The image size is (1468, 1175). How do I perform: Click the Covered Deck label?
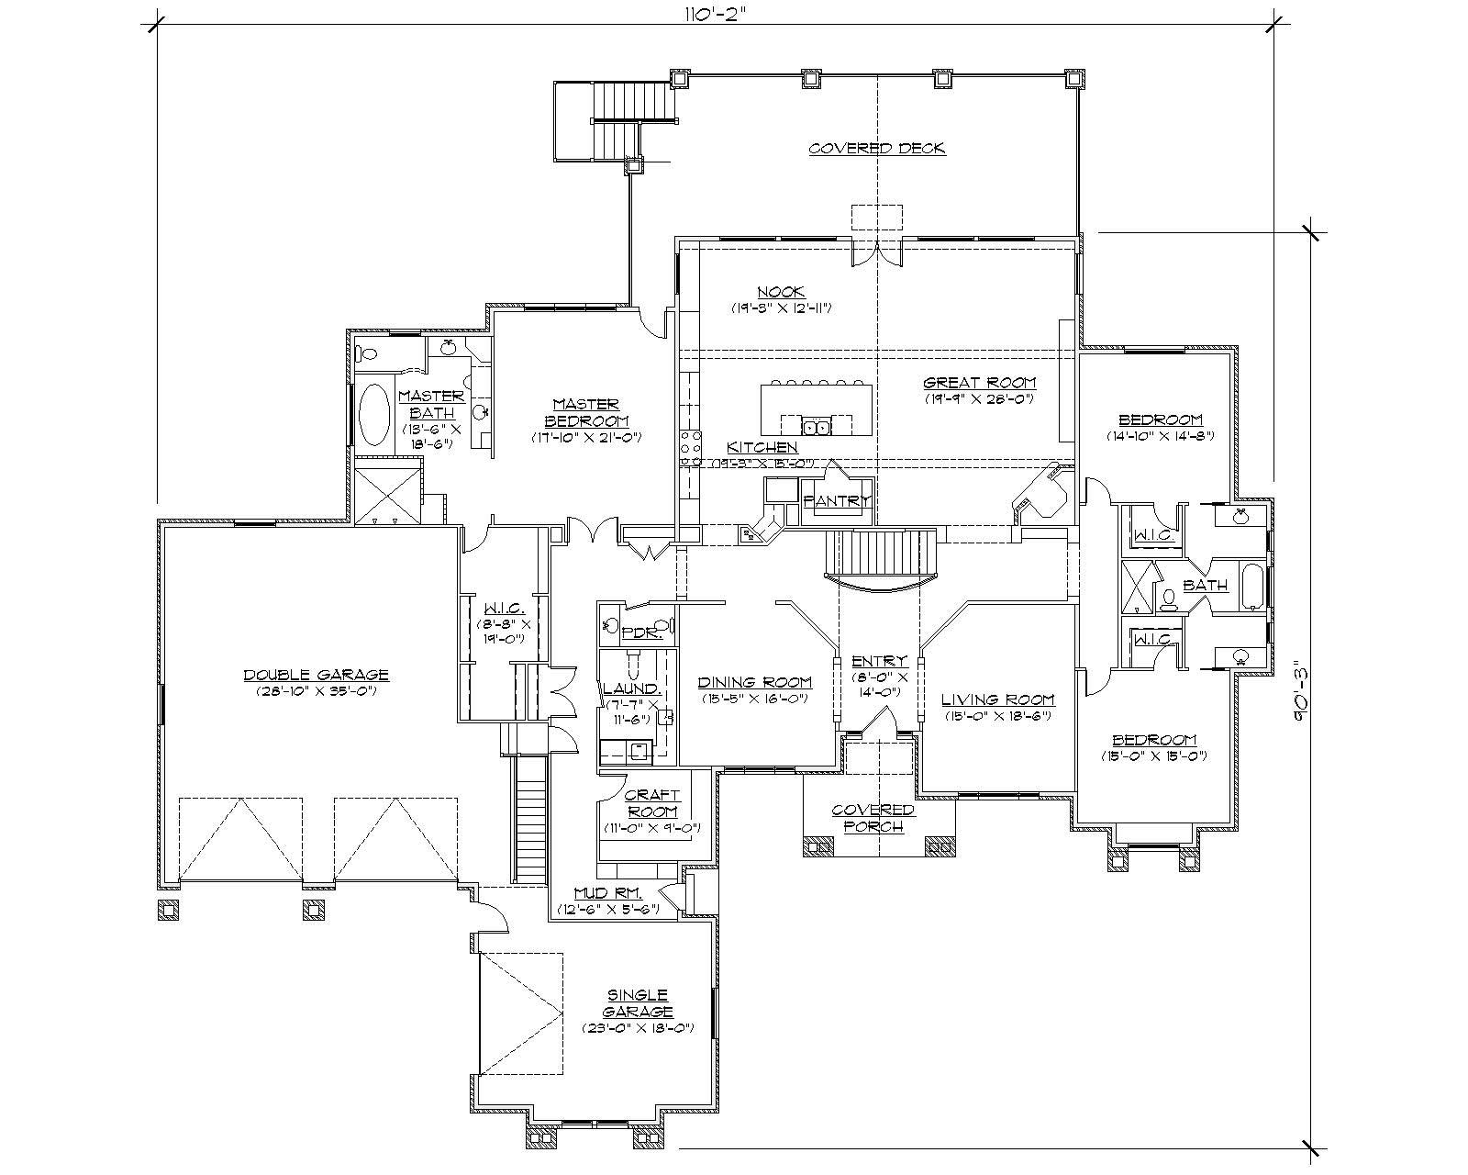click(x=876, y=149)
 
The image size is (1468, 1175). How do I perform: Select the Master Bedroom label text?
click(x=585, y=412)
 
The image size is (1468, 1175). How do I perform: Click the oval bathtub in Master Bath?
click(x=373, y=414)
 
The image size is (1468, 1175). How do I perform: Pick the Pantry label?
click(x=836, y=501)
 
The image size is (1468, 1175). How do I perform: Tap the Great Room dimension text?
click(x=979, y=398)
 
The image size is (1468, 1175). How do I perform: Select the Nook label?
click(x=782, y=292)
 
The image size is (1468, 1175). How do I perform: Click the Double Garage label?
click(x=316, y=675)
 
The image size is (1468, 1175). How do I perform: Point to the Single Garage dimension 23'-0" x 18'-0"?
click(x=638, y=1028)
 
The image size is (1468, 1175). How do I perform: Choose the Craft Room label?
click(x=651, y=804)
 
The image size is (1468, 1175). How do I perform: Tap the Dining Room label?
click(x=754, y=682)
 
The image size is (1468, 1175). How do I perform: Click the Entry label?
click(x=879, y=661)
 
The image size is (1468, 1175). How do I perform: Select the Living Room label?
click(x=997, y=699)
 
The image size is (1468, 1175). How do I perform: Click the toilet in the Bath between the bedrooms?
click(x=1169, y=599)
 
